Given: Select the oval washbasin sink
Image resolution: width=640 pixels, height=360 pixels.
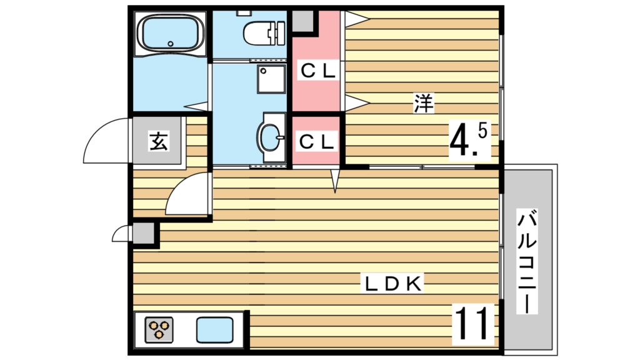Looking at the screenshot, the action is tap(269, 137).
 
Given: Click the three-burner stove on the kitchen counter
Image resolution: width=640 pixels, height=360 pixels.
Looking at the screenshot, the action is tap(159, 329).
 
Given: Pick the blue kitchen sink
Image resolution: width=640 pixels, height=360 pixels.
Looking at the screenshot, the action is tap(215, 330).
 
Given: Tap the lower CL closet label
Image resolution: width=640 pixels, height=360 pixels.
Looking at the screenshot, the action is tap(317, 142).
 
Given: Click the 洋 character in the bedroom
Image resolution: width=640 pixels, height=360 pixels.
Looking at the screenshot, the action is tap(424, 103).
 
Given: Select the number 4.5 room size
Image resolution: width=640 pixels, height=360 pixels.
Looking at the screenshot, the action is tap(467, 141).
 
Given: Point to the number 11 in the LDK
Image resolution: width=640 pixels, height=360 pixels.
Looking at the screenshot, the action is tap(472, 324).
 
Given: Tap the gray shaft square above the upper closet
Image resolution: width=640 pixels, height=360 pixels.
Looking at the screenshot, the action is tap(303, 22).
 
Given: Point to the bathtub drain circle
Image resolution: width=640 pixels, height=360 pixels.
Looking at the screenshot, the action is tap(171, 44).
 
